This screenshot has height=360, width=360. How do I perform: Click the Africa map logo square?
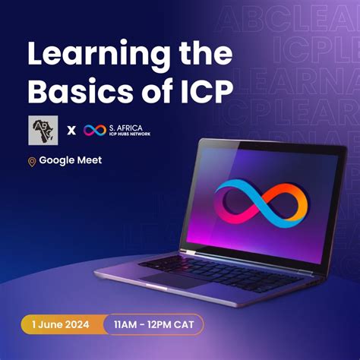[43, 129]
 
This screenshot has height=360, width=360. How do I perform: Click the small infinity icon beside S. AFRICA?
[94, 130]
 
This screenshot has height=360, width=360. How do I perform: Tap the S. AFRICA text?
[126, 126]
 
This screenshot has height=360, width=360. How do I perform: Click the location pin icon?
[32, 162]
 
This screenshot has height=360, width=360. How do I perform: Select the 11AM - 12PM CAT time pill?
[153, 325]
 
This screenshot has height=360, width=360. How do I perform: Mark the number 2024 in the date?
[76, 325]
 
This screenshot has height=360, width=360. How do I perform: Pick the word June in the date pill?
[50, 325]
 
